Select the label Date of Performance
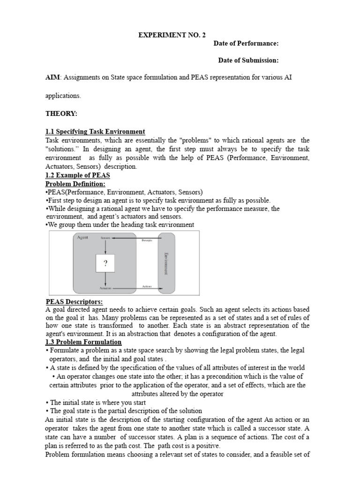pyautogui.click(x=246, y=44)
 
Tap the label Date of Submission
pyautogui.click(x=248, y=60)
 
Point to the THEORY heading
pyautogui.click(x=61, y=113)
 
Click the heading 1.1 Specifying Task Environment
pyautogui.click(x=95, y=132)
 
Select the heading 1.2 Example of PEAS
pyautogui.click(x=77, y=175)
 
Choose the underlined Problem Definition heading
pyautogui.click(x=75, y=184)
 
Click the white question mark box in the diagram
pyautogui.click(x=105, y=263)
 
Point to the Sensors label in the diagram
pyautogui.click(x=105, y=238)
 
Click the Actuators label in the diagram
pyautogui.click(x=105, y=288)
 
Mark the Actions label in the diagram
pyautogui.click(x=147, y=286)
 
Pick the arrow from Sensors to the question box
pyautogui.click(x=105, y=247)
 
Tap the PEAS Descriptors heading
pyautogui.click(x=74, y=301)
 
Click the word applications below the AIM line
pyautogui.click(x=63, y=96)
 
